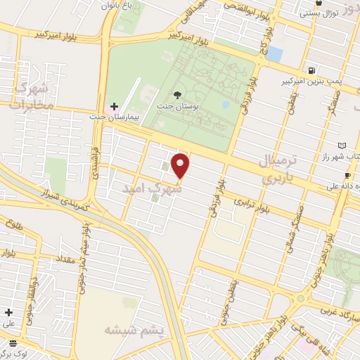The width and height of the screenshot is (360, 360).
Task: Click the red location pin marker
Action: coord(181,165)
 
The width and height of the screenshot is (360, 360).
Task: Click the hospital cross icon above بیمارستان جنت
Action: coord(114,105)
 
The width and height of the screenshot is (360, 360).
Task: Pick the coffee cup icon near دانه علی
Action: coord(347,176)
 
